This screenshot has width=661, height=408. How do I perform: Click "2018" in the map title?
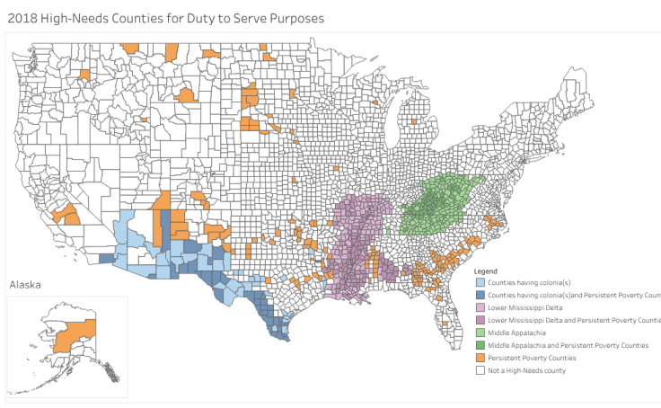(x=22, y=17)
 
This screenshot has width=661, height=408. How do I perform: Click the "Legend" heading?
(x=486, y=271)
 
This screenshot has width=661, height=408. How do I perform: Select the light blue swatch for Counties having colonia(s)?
(x=480, y=282)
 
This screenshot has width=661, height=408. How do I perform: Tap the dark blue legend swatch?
(x=480, y=295)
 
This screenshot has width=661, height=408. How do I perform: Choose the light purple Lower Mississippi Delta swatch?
(x=480, y=307)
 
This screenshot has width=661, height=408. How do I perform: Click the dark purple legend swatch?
(x=480, y=320)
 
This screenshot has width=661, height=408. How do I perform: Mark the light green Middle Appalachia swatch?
(x=480, y=333)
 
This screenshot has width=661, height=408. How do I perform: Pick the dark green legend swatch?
(x=480, y=345)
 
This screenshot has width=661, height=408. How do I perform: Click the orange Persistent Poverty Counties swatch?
(x=480, y=358)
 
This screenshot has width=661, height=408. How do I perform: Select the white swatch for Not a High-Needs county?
(x=480, y=370)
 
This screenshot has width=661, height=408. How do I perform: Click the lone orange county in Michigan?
(x=413, y=120)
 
